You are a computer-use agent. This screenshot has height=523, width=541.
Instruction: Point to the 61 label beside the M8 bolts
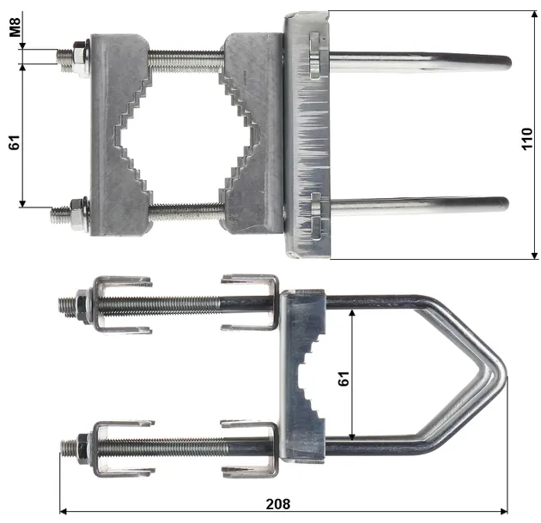[x=14, y=141]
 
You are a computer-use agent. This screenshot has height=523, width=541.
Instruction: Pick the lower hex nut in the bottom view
[x=83, y=447]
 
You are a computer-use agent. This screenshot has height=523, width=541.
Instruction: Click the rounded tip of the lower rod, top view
[x=504, y=204]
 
